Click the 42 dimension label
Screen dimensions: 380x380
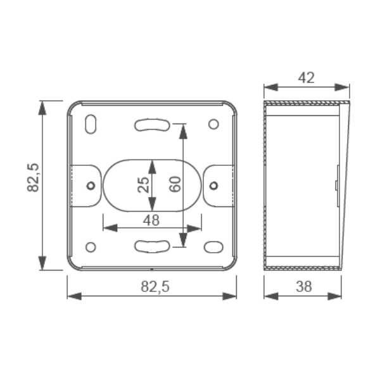[307, 78]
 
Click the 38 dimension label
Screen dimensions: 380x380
[304, 286]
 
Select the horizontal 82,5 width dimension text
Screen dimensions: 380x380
[155, 287]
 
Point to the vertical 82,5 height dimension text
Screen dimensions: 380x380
[33, 177]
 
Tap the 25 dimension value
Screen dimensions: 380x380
[143, 185]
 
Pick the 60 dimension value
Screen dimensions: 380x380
[175, 184]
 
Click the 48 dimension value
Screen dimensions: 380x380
[151, 220]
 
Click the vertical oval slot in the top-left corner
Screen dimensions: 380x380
[91, 124]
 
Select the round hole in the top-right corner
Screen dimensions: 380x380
[213, 124]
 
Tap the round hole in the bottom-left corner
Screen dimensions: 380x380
[91, 247]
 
